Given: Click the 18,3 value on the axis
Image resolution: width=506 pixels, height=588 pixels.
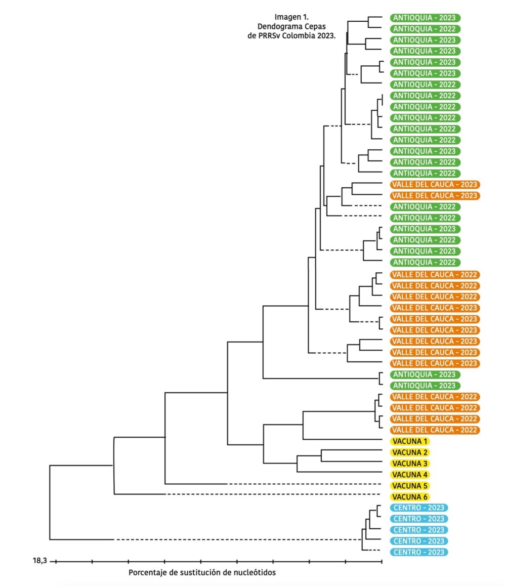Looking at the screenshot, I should point(39,561).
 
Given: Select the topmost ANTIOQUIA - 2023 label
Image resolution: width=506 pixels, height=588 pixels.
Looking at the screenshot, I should point(425,17).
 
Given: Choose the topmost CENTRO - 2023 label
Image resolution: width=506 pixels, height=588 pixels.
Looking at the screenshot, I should point(418,508).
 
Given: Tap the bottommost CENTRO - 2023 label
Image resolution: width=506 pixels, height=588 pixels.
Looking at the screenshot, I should point(418,552).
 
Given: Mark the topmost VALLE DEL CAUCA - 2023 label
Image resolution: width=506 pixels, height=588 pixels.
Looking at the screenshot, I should point(434,185).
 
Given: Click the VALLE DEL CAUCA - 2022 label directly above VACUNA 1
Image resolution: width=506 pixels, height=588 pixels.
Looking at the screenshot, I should point(434,430).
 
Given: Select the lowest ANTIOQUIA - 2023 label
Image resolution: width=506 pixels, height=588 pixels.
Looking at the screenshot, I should point(425,386).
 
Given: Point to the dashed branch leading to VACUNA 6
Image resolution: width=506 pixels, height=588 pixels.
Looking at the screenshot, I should point(273,494).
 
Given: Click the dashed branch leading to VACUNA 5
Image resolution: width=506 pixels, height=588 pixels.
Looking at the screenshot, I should point(304,484).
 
